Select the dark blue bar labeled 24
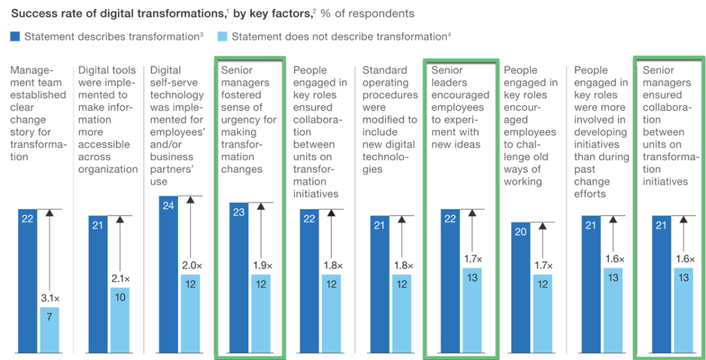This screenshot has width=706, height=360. click(168, 274)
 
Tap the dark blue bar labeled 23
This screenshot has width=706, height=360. click(239, 277)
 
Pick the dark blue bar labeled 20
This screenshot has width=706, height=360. click(520, 287)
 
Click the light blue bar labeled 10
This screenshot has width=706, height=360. click(120, 319)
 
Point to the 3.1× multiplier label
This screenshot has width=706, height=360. click(50, 298)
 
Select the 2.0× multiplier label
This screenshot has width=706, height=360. click(189, 265)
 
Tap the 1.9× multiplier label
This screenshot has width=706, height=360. click(260, 265)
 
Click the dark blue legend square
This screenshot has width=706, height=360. click(16, 36)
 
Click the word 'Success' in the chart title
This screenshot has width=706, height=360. click(32, 13)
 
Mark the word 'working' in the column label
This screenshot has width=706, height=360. click(523, 181)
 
